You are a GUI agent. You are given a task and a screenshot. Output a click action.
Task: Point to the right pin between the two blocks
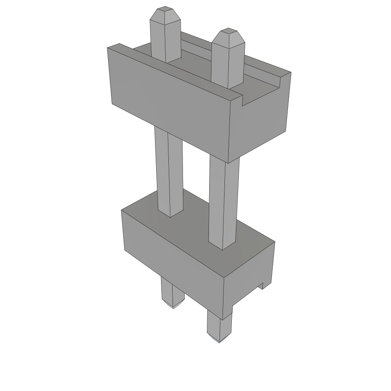224,202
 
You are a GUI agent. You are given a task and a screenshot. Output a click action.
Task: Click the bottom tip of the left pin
173,306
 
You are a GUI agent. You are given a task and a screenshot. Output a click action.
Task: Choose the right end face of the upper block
260,126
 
